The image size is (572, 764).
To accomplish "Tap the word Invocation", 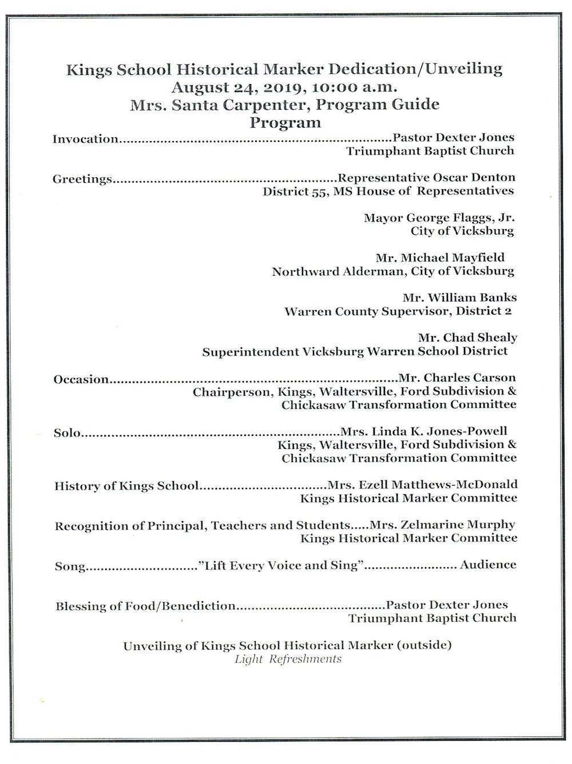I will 85,139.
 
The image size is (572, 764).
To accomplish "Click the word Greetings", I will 82,179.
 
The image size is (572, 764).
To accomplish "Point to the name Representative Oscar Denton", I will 427,177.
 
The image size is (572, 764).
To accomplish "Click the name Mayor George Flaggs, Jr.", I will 439,218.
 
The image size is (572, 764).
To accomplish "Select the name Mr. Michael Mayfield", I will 440,258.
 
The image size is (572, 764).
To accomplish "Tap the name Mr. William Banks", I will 459,298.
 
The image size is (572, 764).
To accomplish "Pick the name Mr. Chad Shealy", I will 467,338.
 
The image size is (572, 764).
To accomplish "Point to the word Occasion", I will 81,379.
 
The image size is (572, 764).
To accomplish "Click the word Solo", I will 66,433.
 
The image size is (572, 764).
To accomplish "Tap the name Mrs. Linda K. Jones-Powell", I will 423,431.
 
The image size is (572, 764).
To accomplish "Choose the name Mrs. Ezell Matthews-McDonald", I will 422,484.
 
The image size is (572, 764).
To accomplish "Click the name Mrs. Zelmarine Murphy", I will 443,524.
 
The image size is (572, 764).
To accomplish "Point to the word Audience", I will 488,565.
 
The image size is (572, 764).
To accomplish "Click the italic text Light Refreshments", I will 288,659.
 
